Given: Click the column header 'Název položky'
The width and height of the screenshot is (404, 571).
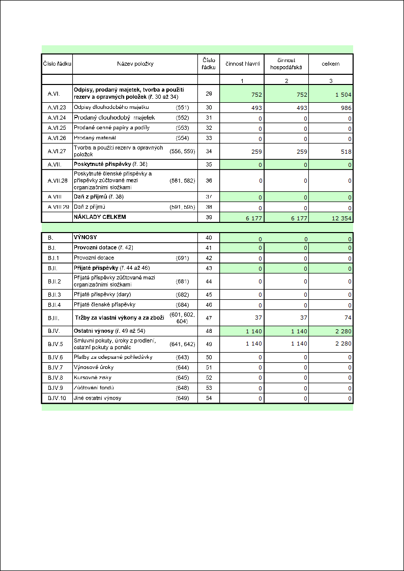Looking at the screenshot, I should pos(135,64).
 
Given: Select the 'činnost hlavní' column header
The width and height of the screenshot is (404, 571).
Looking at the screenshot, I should pos(243,64).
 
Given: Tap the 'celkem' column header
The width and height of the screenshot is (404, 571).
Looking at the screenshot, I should pos(331,64).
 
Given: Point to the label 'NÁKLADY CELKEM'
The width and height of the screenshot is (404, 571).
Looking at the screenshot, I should pos(100,217).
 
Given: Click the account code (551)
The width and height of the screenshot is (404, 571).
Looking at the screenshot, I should pos(182,107).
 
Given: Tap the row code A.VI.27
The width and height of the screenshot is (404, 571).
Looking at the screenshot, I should pos(54,151).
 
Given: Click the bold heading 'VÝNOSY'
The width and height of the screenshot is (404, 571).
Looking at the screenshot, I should pos(86,238).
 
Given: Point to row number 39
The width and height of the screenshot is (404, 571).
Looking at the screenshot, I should pos(209,217).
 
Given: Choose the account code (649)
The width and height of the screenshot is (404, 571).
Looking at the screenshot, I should pos(182,398).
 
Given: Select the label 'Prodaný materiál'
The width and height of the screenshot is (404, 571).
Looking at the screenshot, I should pos(95,138).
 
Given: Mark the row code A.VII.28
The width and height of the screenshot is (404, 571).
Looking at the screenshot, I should pos(54,180).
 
